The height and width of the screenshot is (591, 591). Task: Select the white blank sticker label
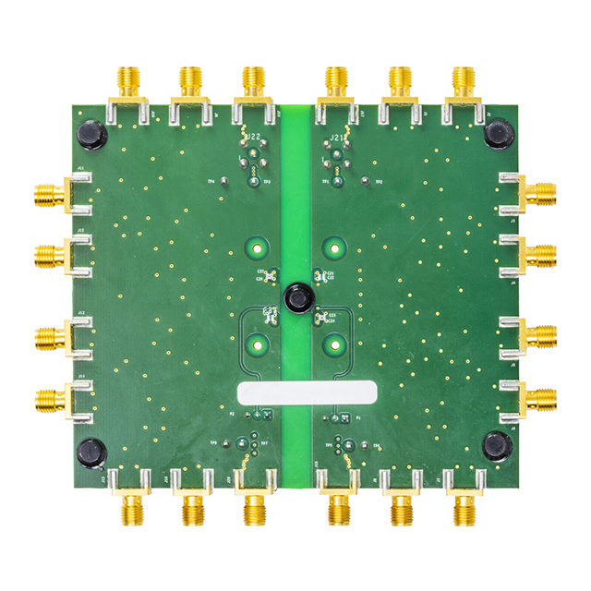pyautogui.click(x=307, y=392)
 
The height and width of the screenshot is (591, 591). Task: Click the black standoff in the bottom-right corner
pyautogui.click(x=498, y=448)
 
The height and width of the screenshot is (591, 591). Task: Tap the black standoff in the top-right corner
pyautogui.click(x=498, y=135)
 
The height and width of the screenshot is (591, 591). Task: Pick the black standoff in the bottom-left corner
pyautogui.click(x=90, y=453)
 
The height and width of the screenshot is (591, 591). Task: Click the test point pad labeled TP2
pyautogui.click(x=367, y=182)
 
